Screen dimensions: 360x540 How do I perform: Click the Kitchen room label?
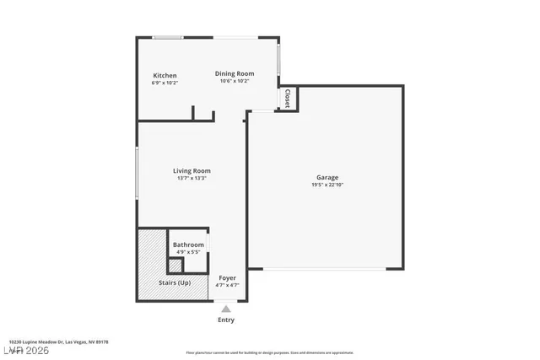pyautogui.click(x=165, y=76)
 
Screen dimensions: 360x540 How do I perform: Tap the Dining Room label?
pyautogui.click(x=234, y=73)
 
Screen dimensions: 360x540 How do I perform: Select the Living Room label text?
pyautogui.click(x=191, y=171)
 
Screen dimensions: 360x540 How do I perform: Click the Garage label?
pyautogui.click(x=327, y=177)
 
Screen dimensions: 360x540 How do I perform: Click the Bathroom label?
pyautogui.click(x=188, y=244)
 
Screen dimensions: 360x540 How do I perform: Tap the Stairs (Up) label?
pyautogui.click(x=175, y=282)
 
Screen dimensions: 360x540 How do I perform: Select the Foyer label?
pyautogui.click(x=227, y=277)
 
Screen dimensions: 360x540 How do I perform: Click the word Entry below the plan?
pyautogui.click(x=226, y=320)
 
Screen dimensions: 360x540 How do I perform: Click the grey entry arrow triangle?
pyautogui.click(x=226, y=309)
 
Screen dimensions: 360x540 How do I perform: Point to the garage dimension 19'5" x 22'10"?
pyautogui.click(x=327, y=185)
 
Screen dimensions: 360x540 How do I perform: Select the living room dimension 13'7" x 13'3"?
pyautogui.click(x=191, y=179)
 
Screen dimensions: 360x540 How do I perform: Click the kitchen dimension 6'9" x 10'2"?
pyautogui.click(x=165, y=83)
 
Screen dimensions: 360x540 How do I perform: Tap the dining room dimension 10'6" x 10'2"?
pyautogui.click(x=234, y=81)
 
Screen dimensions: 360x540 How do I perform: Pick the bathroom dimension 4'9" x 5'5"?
pyautogui.click(x=188, y=252)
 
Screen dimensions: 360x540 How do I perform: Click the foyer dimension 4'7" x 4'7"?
pyautogui.click(x=227, y=285)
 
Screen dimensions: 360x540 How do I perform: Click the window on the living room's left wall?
pyautogui.click(x=138, y=174)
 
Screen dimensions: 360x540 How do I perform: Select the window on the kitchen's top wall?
pyautogui.click(x=167, y=36)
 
